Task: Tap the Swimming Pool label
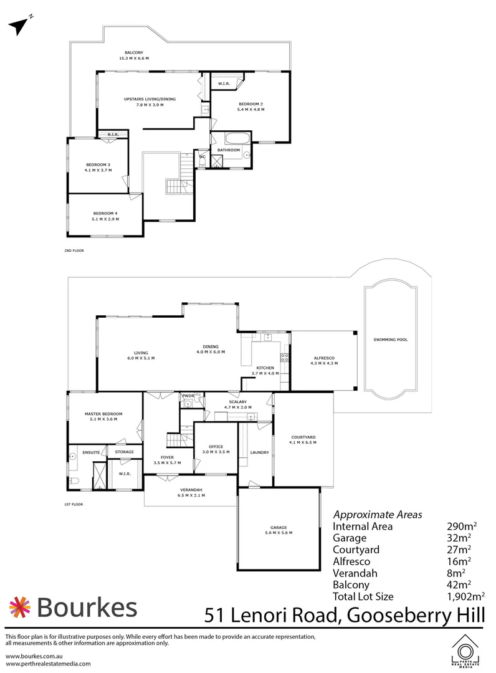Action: (390, 340)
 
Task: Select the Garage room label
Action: (279, 528)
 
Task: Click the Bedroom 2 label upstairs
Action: (250, 104)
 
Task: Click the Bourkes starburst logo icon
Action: (20, 608)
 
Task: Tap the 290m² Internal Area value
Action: (462, 526)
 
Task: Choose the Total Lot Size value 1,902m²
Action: (465, 596)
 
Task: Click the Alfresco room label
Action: (324, 358)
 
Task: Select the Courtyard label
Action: (303, 437)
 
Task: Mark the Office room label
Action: (216, 446)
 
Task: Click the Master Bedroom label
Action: (103, 414)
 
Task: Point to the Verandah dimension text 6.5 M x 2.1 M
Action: (191, 495)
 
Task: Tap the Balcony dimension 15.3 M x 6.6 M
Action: (134, 58)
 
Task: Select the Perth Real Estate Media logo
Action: (465, 651)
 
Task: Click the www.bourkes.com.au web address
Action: (34, 656)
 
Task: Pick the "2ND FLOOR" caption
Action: (74, 251)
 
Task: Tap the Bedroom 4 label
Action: (105, 213)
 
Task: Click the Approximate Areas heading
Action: (378, 515)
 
